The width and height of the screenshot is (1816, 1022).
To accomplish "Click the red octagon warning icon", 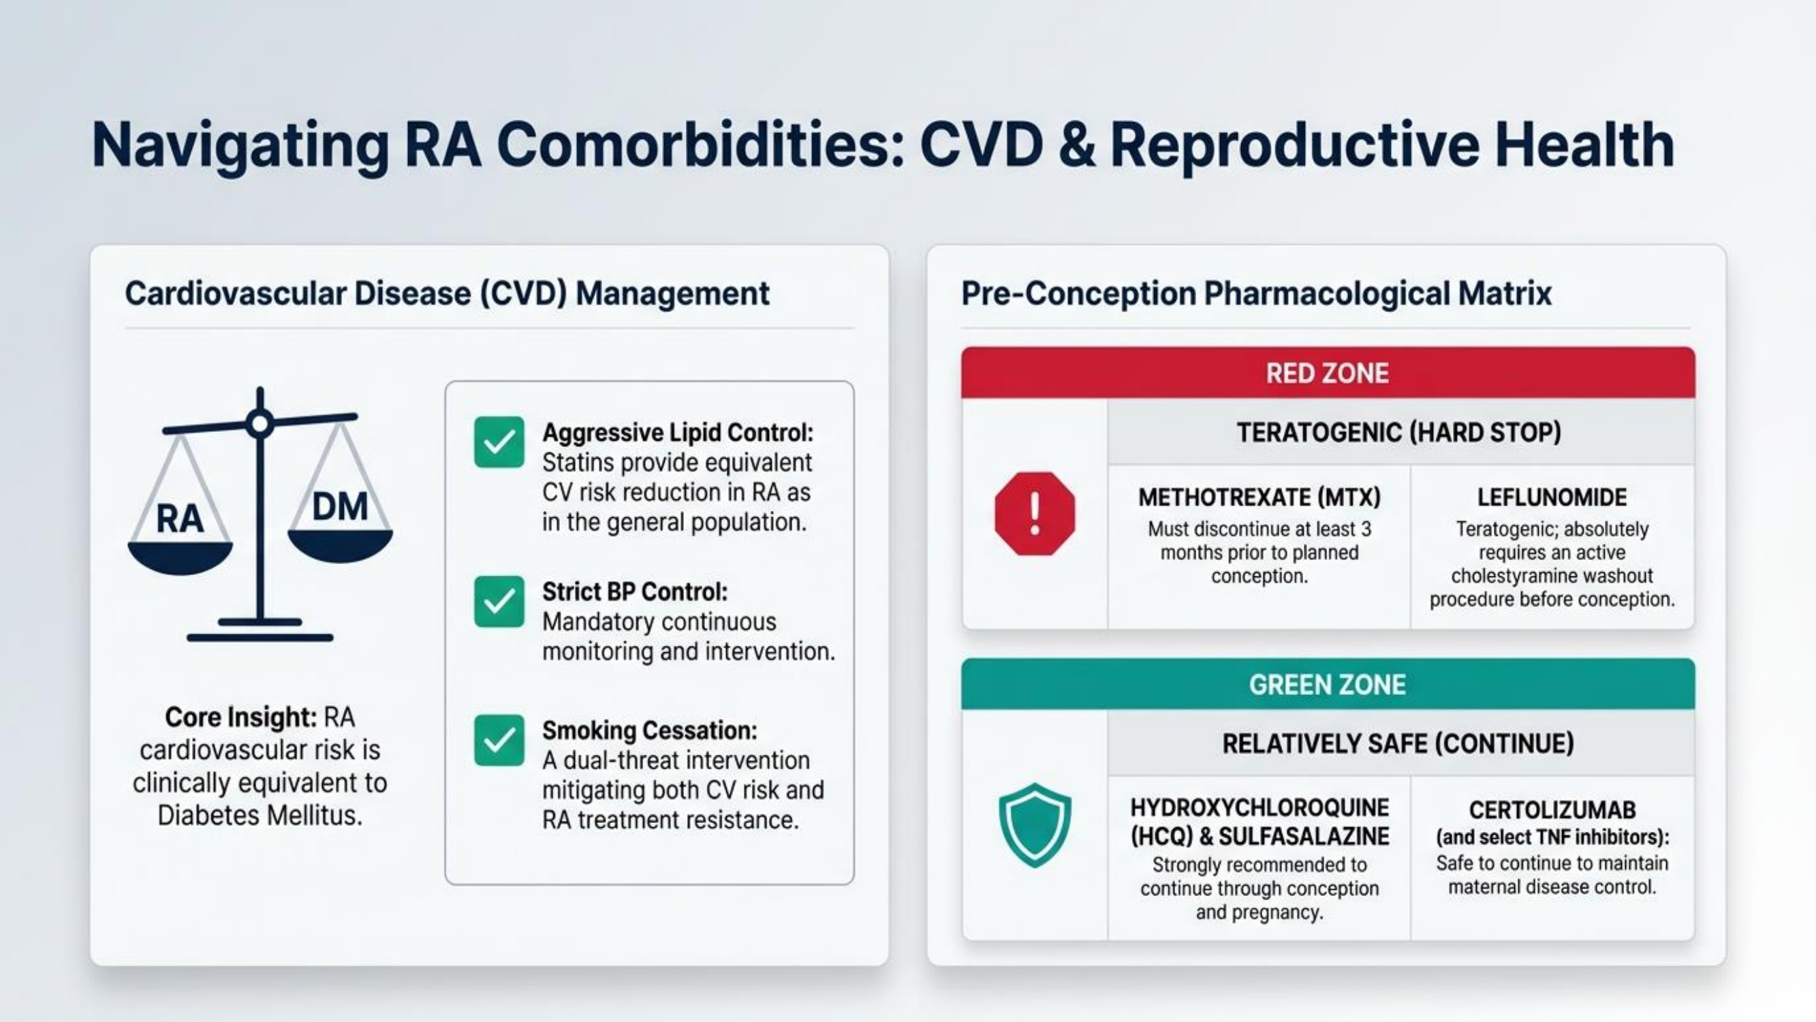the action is tap(1035, 514).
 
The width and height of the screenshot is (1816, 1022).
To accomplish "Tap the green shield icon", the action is tap(1035, 824).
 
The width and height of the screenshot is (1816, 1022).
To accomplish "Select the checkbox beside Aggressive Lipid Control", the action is tap(499, 442).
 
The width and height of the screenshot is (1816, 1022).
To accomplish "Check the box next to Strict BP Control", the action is tap(499, 602).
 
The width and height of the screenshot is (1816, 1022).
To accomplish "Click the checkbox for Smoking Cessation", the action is tap(499, 741).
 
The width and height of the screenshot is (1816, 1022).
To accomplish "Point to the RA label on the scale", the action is tap(180, 519).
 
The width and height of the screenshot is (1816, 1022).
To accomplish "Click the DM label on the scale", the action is tap(340, 506).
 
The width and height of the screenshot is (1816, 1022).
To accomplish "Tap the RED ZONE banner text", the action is tap(1328, 373).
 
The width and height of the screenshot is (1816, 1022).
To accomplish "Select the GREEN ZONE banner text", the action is tap(1328, 685).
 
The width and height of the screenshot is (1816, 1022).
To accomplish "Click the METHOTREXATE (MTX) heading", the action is tap(1259, 497).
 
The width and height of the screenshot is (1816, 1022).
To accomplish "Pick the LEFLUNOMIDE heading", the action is tap(1552, 497).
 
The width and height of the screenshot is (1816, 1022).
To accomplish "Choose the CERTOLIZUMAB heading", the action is tap(1552, 809).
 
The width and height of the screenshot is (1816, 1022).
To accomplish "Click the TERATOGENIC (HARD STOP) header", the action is tap(1398, 433).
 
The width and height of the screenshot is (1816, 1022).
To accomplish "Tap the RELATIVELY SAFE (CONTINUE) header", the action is tap(1398, 743).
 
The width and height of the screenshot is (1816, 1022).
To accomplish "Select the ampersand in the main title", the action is tap(1076, 144).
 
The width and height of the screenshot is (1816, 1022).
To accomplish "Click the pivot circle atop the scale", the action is tap(260, 424).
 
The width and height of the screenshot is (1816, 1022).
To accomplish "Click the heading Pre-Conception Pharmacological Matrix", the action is tap(1256, 294).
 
